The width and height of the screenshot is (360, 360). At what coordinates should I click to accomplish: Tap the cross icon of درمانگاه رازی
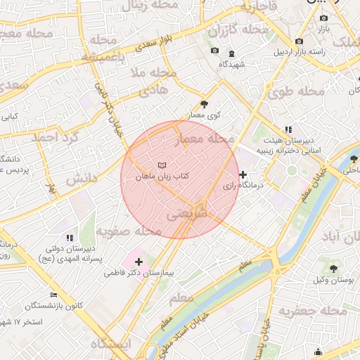pos(243,174)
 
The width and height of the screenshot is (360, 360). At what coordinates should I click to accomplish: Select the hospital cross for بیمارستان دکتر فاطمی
pos(138,262)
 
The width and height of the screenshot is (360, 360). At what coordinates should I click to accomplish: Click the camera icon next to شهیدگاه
pos(214,51)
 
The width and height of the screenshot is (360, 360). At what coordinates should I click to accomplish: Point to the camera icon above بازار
pos(323,18)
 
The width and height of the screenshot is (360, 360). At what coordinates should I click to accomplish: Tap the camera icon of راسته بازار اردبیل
pos(300,41)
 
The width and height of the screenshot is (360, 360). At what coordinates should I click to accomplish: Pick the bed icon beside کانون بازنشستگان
pos(54,295)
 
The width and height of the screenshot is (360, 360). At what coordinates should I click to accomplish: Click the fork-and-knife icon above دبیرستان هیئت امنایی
pos(288,129)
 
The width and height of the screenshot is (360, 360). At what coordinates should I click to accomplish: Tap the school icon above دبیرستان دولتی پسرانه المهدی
pos(69,238)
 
